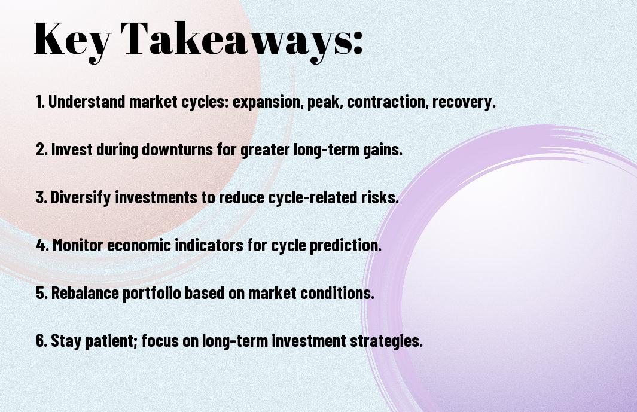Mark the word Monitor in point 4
point(78,245)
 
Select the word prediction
point(345,246)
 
